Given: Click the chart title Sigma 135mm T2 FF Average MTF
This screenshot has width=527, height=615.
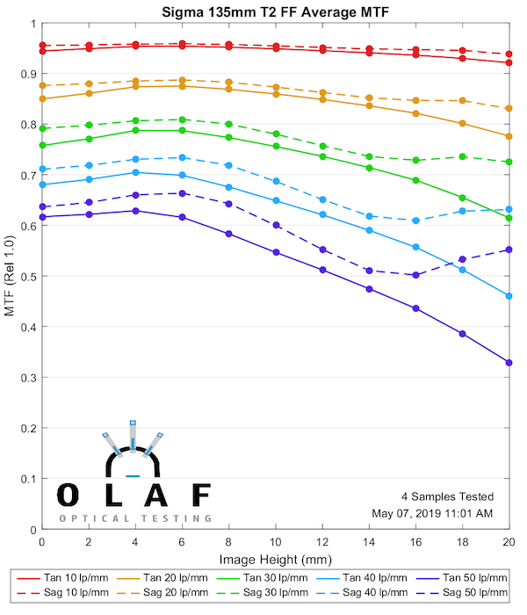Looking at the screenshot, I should pyautogui.click(x=275, y=13).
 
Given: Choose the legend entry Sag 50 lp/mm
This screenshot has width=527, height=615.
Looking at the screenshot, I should pyautogui.click(x=466, y=595).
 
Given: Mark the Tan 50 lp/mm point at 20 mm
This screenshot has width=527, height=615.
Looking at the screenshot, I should pyautogui.click(x=509, y=363).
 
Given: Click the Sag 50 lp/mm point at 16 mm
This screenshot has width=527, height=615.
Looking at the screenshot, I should pyautogui.click(x=415, y=275).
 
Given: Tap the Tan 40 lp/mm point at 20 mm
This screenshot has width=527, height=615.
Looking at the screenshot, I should pyautogui.click(x=509, y=296).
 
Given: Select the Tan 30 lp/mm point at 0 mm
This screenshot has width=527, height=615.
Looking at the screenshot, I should pyautogui.click(x=41, y=145).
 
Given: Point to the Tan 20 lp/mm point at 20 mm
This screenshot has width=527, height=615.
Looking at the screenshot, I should pyautogui.click(x=509, y=136).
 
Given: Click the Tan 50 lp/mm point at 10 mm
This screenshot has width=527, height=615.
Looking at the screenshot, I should pyautogui.click(x=276, y=252).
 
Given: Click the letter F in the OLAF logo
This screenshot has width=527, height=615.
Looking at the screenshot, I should pyautogui.click(x=200, y=495).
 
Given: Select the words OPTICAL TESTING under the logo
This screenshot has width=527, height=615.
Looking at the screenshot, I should pyautogui.click(x=135, y=518).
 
